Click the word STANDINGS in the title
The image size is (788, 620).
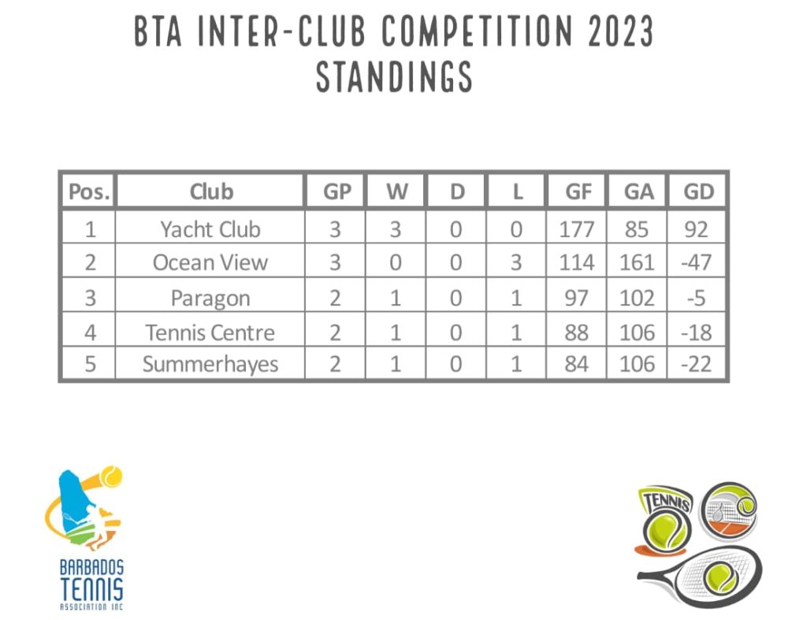(x=395, y=76)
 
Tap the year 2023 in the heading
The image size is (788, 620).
(x=620, y=32)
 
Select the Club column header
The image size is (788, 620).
(x=211, y=191)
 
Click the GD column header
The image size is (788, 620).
(x=698, y=191)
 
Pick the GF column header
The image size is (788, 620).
(x=578, y=191)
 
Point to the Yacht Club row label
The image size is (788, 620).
(x=210, y=229)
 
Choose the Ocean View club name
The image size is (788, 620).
(x=210, y=262)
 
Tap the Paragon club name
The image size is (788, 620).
(x=210, y=299)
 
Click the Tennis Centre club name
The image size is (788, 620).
(x=210, y=332)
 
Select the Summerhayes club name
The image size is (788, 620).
(x=210, y=364)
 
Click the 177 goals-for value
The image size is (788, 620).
(x=577, y=229)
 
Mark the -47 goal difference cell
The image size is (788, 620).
(x=697, y=262)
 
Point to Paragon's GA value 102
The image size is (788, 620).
(x=637, y=298)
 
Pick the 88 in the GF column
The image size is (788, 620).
(x=577, y=332)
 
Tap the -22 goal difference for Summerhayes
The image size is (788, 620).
(x=697, y=364)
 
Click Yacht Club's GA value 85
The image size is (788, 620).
(x=637, y=229)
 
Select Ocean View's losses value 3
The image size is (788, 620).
(x=516, y=262)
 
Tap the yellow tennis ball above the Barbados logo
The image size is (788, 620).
(x=111, y=477)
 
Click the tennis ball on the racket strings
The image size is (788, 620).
(x=721, y=577)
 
